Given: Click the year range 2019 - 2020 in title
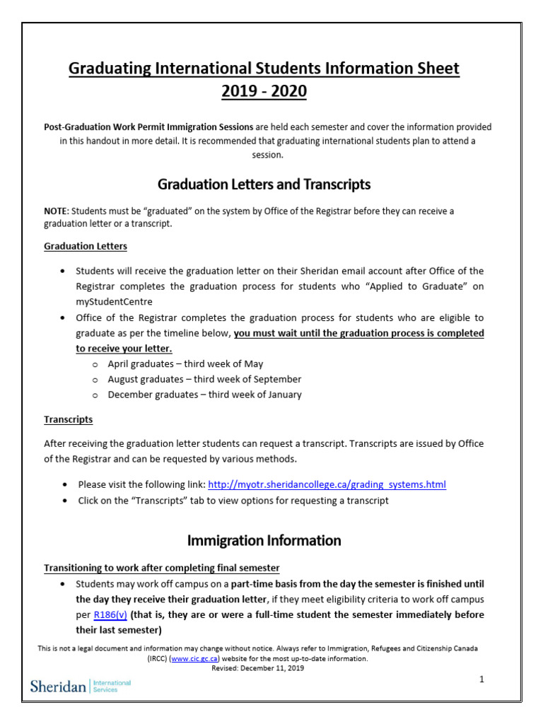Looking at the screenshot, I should point(264,92).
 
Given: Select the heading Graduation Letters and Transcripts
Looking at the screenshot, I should point(264,185).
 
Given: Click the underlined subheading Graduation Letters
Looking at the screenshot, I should point(86,246).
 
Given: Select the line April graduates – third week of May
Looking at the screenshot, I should point(185,363).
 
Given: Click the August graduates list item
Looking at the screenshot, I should point(204,379).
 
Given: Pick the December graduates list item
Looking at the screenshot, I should point(204,395).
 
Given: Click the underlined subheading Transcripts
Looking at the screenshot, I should point(68,419).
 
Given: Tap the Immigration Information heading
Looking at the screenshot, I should point(264,541).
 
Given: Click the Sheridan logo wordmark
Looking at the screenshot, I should point(59,686).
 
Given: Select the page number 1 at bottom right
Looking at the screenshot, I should point(481,679).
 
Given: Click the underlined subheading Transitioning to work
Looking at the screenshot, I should point(162,568).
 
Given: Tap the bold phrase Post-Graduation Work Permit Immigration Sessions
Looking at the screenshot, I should point(148,127).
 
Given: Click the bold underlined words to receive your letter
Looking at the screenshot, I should point(124,349).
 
